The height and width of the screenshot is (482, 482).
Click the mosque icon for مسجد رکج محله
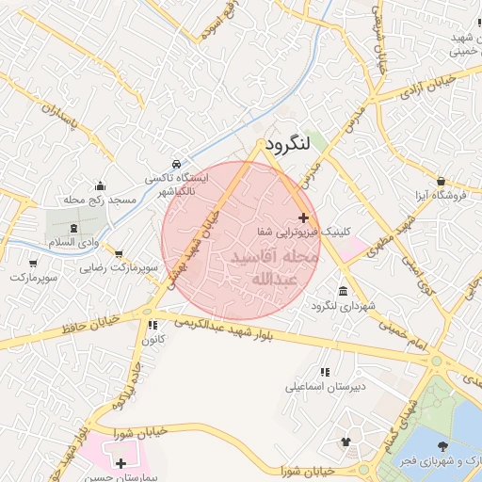point(101,185)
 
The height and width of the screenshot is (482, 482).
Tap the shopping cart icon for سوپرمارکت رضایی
point(119,253)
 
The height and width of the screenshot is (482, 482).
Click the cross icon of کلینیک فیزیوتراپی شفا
point(302,217)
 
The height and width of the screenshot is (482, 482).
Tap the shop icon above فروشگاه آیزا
point(442,180)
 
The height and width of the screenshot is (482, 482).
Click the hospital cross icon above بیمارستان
point(120,463)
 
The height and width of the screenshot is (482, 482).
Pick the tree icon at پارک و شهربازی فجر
point(442,445)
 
